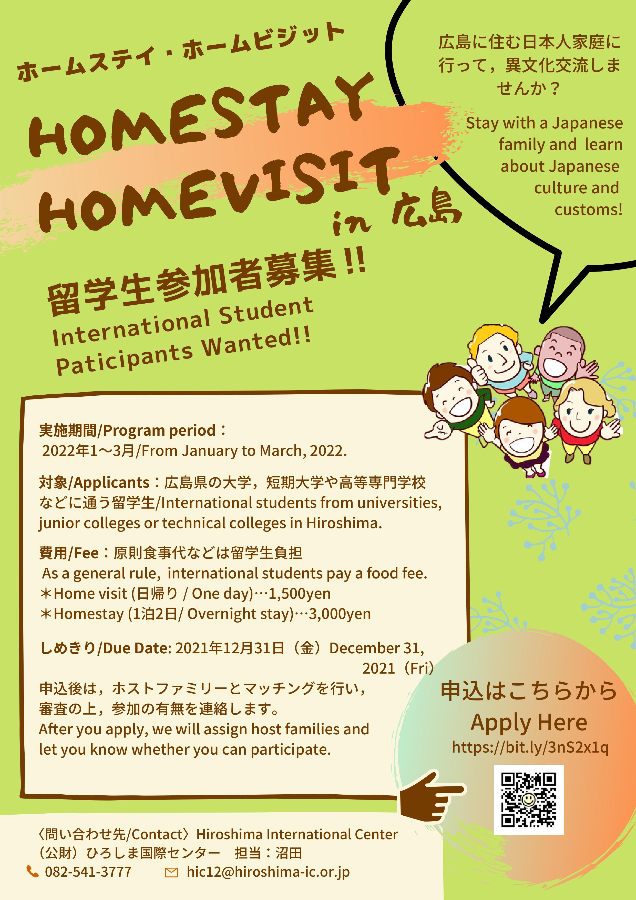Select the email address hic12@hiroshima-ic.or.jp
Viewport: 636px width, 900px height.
268,872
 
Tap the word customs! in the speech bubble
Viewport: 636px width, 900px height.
588,210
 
